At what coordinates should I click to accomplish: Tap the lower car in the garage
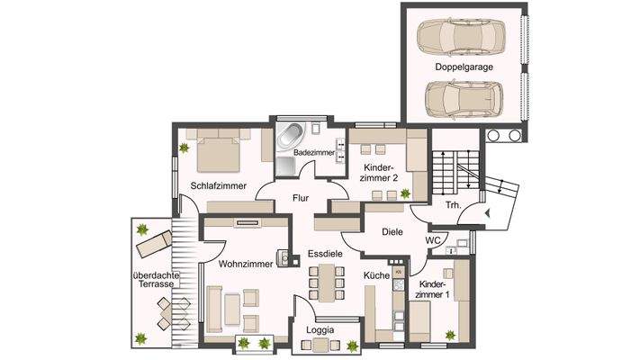pos(460,97)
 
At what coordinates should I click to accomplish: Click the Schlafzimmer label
pos(219,185)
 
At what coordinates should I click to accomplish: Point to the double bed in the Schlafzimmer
pos(220,149)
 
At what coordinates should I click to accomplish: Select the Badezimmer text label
pos(314,154)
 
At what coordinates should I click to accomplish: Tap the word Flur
pos(301,198)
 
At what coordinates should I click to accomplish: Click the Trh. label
pos(453,205)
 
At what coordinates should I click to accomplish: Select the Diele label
pos(392,231)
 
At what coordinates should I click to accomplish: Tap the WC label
pos(432,240)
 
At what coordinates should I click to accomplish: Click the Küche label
pos(375,274)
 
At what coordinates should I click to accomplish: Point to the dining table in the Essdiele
pos(326,283)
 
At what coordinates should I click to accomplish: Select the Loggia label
pos(320,330)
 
